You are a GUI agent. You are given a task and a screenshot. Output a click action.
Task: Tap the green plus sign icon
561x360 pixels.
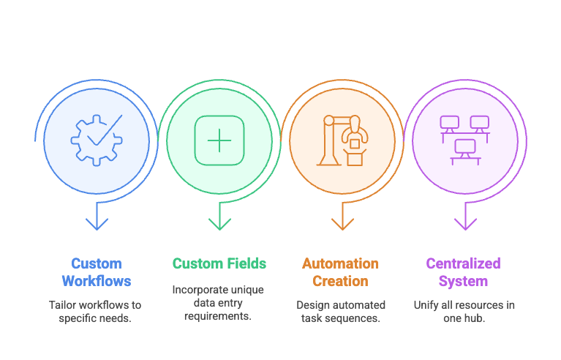point(219,140)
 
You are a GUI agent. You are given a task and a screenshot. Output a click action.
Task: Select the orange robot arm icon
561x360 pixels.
point(342,140)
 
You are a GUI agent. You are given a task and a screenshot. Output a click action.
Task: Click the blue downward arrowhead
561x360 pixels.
point(97,224)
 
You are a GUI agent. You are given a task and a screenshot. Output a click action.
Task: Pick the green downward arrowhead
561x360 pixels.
point(219,224)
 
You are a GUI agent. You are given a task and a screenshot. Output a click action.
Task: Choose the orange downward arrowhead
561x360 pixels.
point(342,224)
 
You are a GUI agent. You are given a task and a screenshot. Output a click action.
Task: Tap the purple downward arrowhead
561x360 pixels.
point(465,224)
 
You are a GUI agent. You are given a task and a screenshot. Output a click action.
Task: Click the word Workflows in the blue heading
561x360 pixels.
point(97,281)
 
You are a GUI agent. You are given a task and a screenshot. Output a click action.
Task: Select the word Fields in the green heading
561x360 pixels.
point(247,263)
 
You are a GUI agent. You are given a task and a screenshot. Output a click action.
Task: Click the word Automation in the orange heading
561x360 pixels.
point(340,263)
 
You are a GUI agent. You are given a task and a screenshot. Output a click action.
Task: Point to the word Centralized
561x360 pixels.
point(463,263)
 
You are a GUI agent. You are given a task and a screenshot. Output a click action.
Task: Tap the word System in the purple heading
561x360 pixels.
point(463,281)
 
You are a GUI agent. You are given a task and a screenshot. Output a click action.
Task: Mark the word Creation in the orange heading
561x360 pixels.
point(340,281)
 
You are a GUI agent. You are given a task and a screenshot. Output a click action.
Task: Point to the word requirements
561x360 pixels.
point(218,316)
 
